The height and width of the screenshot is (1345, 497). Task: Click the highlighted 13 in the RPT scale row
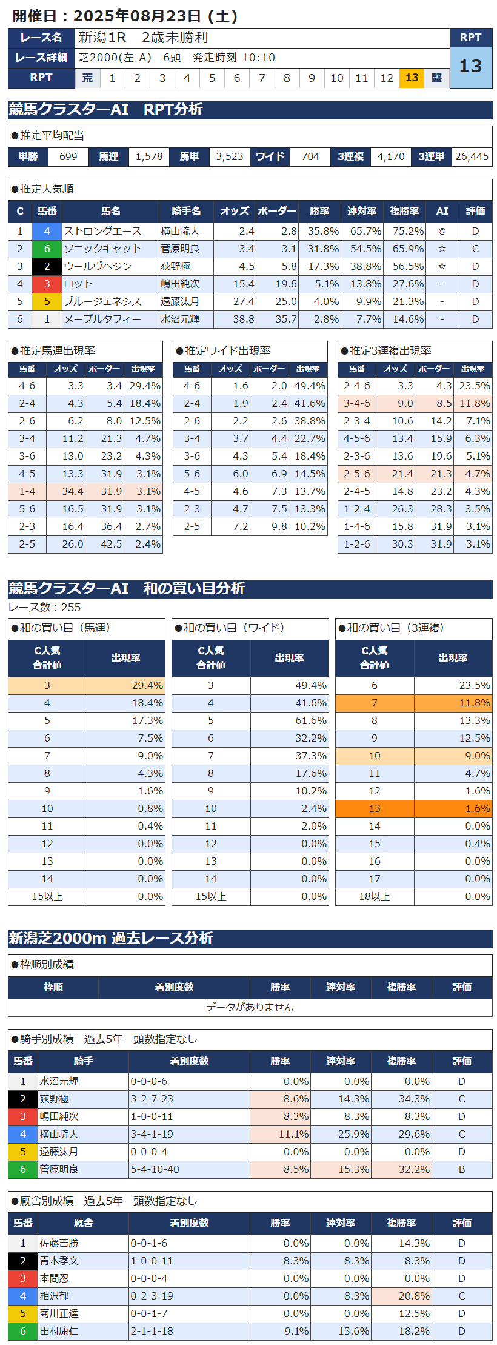[412, 78]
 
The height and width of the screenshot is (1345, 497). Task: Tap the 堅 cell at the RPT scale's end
[436, 78]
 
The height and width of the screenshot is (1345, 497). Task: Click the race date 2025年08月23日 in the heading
[137, 16]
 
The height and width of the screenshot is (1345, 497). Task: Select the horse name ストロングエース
[102, 231]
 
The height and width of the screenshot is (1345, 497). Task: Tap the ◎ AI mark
[442, 231]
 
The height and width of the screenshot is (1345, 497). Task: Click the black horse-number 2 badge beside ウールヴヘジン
[47, 266]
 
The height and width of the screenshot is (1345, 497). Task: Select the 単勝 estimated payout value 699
[68, 156]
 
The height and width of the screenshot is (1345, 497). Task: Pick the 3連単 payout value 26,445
[472, 156]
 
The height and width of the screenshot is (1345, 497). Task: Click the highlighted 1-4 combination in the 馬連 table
[27, 491]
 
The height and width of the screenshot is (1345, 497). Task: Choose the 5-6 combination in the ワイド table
[192, 474]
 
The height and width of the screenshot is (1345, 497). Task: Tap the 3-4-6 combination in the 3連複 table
[356, 403]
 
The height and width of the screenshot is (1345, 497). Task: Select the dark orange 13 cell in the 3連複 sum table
[375, 808]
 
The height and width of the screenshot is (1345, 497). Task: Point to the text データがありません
[250, 1007]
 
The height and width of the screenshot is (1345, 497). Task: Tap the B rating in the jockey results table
[462, 1169]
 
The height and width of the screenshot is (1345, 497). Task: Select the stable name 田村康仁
[59, 1331]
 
